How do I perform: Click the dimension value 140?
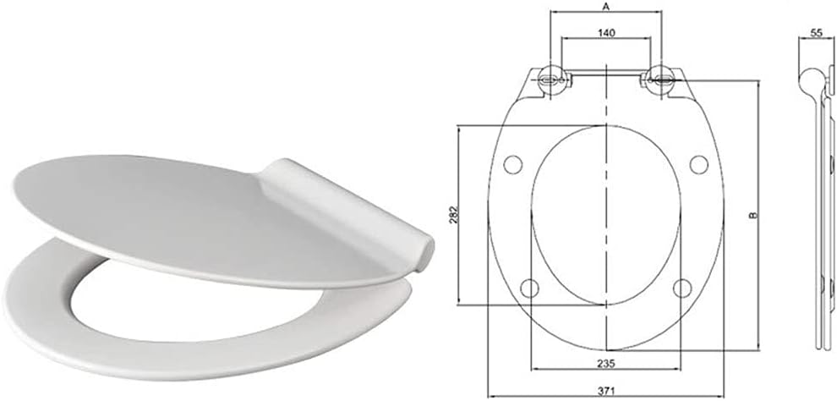(x=605, y=32)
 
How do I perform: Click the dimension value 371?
(x=606, y=390)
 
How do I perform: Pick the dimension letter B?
(x=754, y=216)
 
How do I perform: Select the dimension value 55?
(x=817, y=32)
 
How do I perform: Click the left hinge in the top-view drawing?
(x=551, y=79)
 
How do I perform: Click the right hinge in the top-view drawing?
(x=660, y=79)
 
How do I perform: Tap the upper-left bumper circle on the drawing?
(x=511, y=163)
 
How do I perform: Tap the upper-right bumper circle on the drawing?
(x=698, y=163)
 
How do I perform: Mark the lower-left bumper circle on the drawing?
(x=530, y=288)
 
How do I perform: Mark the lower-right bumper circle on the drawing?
(x=681, y=288)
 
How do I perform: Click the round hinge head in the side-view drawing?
(x=809, y=79)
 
